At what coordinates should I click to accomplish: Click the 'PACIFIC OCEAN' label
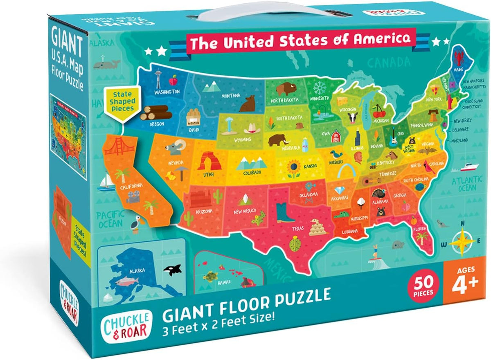(x=108, y=218)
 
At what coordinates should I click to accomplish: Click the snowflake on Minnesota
(x=320, y=88)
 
